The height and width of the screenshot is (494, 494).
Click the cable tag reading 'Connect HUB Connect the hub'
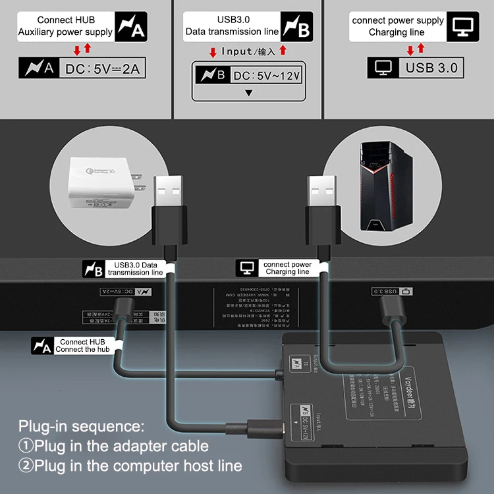point(80,346)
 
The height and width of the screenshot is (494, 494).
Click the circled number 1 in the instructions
point(26,446)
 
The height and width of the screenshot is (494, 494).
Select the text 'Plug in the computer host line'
point(138,466)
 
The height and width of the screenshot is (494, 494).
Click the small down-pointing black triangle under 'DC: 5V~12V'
point(248,93)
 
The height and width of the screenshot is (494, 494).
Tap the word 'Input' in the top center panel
point(236,51)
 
